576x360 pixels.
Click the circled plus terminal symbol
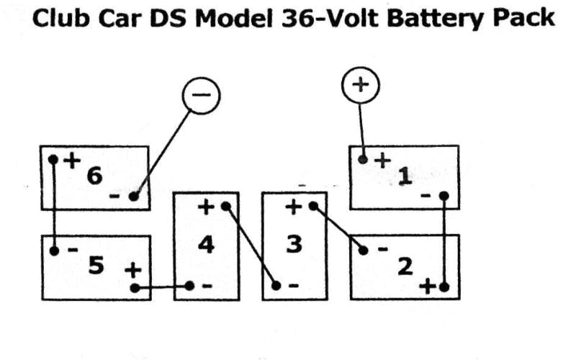pos(359,85)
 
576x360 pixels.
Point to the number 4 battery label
pos(206,245)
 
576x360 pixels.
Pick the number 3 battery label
pos(294,245)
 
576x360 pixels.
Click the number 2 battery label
pos(405,266)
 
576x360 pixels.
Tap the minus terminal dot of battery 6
pos(132,196)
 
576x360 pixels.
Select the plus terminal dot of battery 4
pos(225,207)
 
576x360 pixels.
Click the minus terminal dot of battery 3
pos(276,286)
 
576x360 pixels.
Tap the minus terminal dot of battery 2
pos(364,250)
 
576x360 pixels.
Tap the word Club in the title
pos(57,18)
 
